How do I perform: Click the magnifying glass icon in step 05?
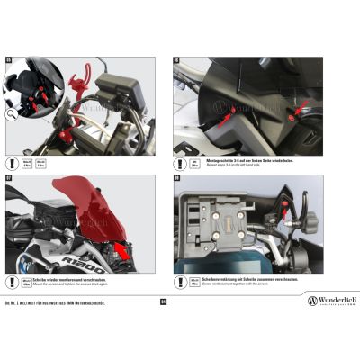pos(10,114)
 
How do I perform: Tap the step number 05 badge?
pos(9,61)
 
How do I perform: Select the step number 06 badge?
pos(176,61)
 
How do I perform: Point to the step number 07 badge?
pos(9,177)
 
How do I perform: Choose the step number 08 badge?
pos(177,178)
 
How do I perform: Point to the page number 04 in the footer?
pos(163,301)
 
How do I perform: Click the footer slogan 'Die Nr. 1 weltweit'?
pos(54,301)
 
